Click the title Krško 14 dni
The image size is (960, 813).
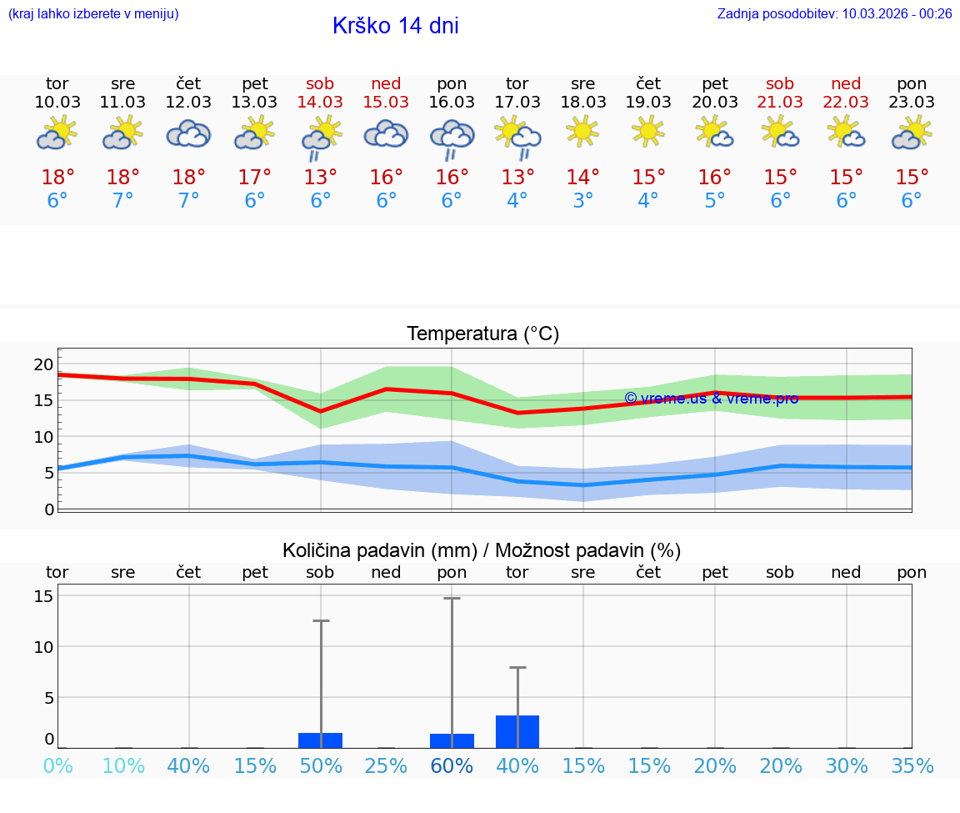395,26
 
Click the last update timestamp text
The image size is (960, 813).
834,13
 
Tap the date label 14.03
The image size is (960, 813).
320,103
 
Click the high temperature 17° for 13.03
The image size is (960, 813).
254,178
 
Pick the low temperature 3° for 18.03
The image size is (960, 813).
582,201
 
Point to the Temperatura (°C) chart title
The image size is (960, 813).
482,334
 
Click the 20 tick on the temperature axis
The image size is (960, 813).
43,364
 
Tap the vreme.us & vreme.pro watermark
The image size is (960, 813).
711,399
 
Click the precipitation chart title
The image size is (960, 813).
482,550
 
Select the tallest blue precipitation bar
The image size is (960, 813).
517,731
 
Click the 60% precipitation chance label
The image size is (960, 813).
452,766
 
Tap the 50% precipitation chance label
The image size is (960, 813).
320,766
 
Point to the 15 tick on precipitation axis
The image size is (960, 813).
43,596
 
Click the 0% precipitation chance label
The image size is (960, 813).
57,766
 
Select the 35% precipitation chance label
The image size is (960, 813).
912,766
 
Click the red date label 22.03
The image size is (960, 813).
846,103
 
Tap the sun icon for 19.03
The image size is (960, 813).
648,131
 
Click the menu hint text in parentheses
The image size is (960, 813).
93,13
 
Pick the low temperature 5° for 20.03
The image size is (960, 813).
714,201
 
